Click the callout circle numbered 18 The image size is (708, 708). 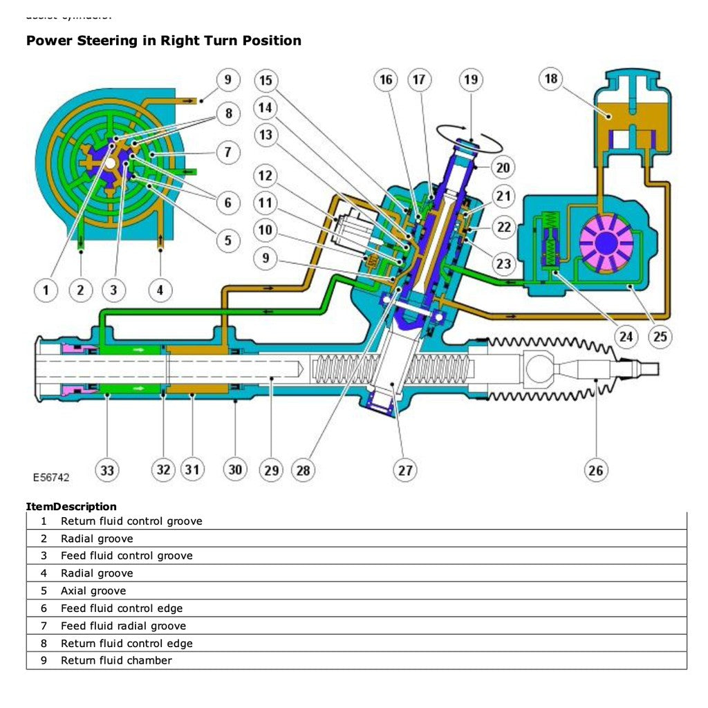[x=551, y=79]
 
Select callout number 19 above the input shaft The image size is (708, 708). [x=470, y=80]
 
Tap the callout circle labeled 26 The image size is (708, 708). [x=595, y=471]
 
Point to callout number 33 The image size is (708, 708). [x=107, y=471]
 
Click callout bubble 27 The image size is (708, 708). [x=404, y=471]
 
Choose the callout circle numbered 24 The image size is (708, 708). [x=625, y=337]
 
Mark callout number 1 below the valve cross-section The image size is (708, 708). [x=46, y=290]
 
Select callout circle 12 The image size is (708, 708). [x=265, y=176]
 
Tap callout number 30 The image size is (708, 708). [x=235, y=470]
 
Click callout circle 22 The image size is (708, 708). [x=504, y=227]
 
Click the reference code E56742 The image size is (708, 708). [x=50, y=477]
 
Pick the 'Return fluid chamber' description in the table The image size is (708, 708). [x=116, y=660]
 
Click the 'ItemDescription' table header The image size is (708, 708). [x=71, y=507]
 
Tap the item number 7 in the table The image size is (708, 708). [x=44, y=626]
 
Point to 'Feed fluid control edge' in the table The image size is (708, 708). [x=122, y=608]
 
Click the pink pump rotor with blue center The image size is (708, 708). [x=606, y=241]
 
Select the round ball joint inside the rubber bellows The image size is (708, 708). [x=539, y=366]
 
